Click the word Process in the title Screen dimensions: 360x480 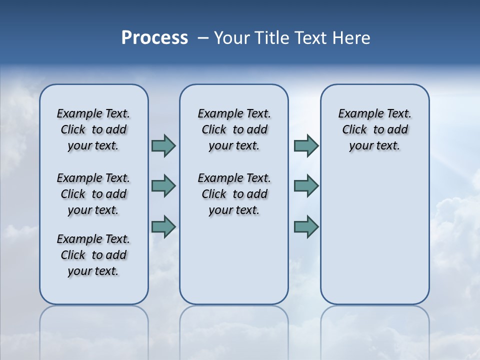click(x=154, y=37)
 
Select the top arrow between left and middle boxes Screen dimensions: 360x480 click(x=163, y=146)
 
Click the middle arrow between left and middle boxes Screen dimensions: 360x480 click(x=163, y=186)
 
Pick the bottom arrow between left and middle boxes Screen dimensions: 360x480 click(x=163, y=226)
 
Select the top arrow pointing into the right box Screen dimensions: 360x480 click(x=306, y=146)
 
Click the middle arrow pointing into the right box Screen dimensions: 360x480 click(x=306, y=186)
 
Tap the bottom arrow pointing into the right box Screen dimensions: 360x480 click(x=306, y=226)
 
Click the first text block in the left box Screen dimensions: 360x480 click(x=93, y=129)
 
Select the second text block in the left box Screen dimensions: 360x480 click(x=93, y=194)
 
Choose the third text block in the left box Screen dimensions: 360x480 click(x=93, y=255)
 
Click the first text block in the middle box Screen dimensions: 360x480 click(x=234, y=129)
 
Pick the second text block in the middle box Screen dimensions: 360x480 click(x=234, y=194)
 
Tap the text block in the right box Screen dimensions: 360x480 click(x=374, y=129)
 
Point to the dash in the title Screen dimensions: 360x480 click(x=203, y=38)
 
